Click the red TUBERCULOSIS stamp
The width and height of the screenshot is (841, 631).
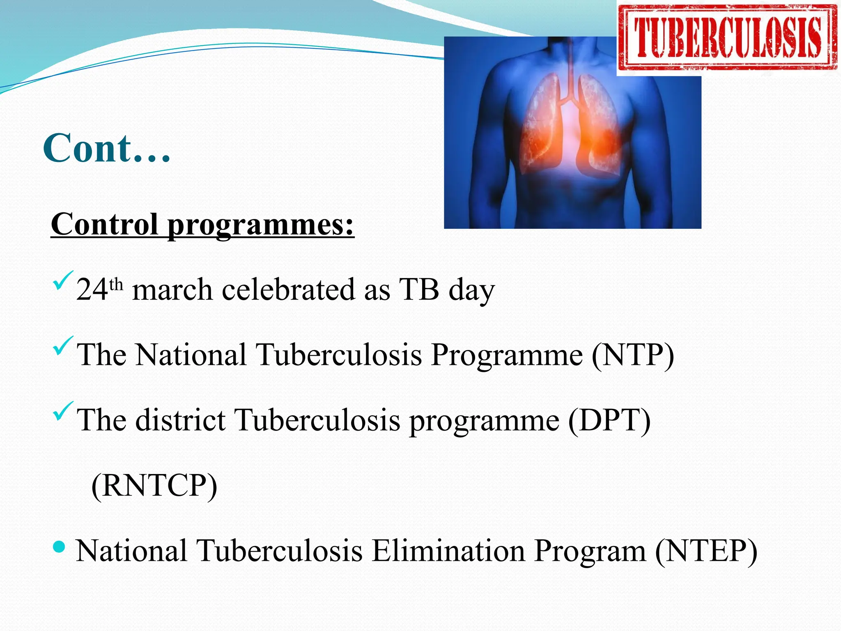pos(728,38)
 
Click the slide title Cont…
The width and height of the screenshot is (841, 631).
pos(106,149)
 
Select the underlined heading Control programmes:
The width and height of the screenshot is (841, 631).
pos(202,225)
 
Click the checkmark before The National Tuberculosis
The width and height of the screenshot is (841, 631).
pos(63,346)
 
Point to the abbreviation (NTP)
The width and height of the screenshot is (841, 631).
pos(633,355)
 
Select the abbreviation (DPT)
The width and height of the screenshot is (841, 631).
pos(609,420)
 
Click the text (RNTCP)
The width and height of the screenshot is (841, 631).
pos(154,485)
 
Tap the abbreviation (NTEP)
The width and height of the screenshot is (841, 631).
pos(706,550)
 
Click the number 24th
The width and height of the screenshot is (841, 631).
pos(99,289)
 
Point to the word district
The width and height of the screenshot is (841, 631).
pos(181,420)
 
